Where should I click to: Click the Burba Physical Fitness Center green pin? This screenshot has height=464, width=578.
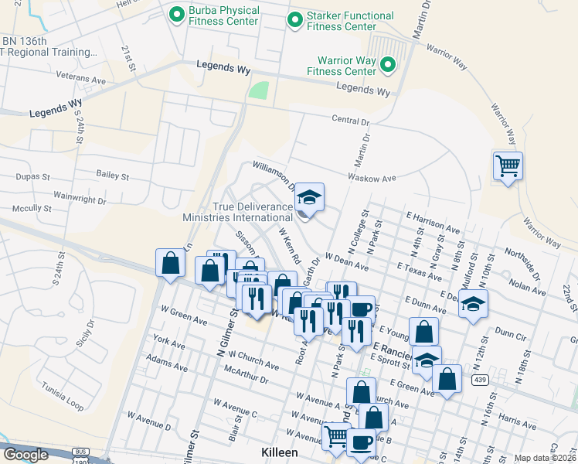(x=177, y=13)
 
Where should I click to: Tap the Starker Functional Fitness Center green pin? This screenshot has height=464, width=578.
(x=294, y=19)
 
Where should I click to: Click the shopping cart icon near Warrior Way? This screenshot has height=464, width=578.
(x=508, y=165)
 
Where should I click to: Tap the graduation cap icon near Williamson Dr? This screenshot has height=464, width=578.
(x=309, y=197)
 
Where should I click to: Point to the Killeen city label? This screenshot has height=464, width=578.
(x=277, y=451)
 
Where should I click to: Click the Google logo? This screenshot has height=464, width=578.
(x=25, y=455)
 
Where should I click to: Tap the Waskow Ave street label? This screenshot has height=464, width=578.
(x=372, y=177)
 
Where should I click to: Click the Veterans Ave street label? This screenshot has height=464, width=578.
(x=81, y=79)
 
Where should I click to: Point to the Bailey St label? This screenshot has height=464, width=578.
(x=111, y=175)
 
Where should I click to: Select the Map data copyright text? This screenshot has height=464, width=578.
(x=545, y=458)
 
